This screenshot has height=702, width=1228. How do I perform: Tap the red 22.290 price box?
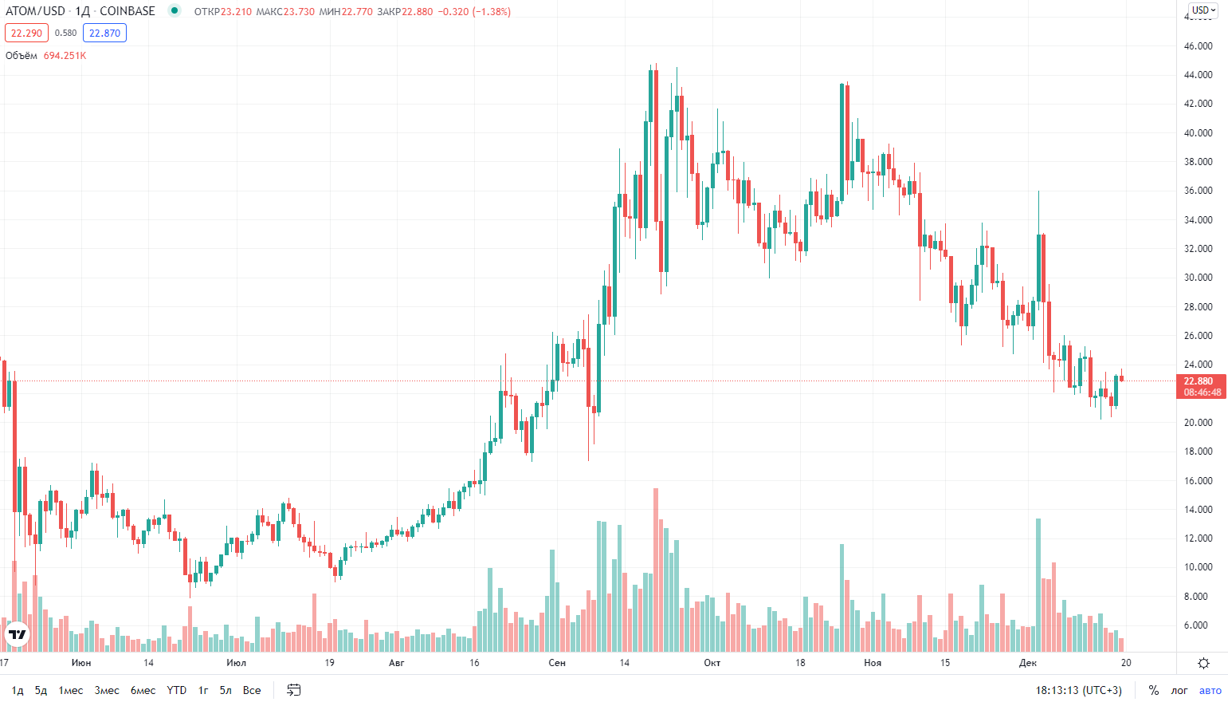pos(26,33)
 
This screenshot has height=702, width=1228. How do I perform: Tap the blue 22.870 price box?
pos(104,33)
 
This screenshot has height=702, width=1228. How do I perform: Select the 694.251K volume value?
pos(65,55)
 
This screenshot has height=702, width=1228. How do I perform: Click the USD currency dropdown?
pos(1204,10)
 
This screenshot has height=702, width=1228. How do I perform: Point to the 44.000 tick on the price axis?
pos(1198,75)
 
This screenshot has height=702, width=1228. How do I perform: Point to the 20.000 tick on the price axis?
pos(1198,422)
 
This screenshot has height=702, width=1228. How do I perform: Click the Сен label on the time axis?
pos(557,662)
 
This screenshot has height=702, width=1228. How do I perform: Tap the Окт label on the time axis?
pos(712,662)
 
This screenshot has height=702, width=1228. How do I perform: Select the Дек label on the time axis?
pos(1028,662)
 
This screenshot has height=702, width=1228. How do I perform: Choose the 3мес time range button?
pos(106,690)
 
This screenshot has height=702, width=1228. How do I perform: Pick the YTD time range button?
pos(177,690)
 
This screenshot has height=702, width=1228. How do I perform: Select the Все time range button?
pos(252,690)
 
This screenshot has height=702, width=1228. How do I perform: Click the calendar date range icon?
pos(294,690)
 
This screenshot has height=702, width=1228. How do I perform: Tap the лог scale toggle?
pos(1179,690)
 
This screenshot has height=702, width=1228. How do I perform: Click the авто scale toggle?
pos(1210,690)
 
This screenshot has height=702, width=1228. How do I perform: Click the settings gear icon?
pos(1203,663)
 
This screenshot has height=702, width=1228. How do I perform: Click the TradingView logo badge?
pos(17,634)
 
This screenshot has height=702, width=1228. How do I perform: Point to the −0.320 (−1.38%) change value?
pos(474,11)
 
